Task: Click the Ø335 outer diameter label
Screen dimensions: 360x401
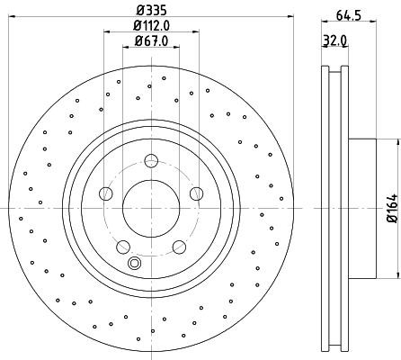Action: (151, 11)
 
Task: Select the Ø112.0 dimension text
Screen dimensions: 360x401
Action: (151, 26)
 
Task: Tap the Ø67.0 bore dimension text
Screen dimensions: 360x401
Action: (151, 40)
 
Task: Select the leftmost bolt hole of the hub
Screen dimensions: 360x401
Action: (106, 193)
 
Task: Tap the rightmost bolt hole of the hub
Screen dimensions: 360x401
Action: (196, 193)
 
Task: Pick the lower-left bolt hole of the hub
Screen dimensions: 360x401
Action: (123, 246)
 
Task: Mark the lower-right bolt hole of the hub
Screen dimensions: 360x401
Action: (179, 246)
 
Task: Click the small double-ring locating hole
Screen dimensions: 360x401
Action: (135, 263)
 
